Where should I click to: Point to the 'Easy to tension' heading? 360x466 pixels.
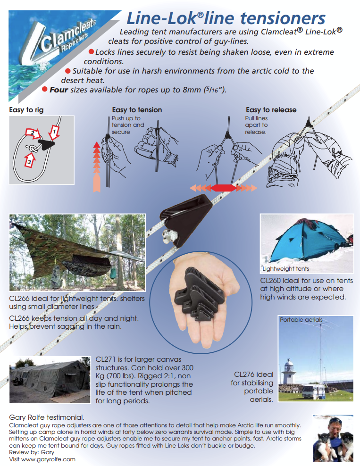(x=137, y=110)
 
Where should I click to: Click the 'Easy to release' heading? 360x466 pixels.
(x=271, y=110)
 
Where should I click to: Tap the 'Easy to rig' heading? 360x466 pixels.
(x=26, y=110)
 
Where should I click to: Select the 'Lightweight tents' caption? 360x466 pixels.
(x=286, y=269)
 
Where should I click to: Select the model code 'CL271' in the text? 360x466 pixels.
(x=106, y=359)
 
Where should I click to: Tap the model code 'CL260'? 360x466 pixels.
(x=272, y=280)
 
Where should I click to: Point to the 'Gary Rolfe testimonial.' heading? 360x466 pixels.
(x=47, y=417)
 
